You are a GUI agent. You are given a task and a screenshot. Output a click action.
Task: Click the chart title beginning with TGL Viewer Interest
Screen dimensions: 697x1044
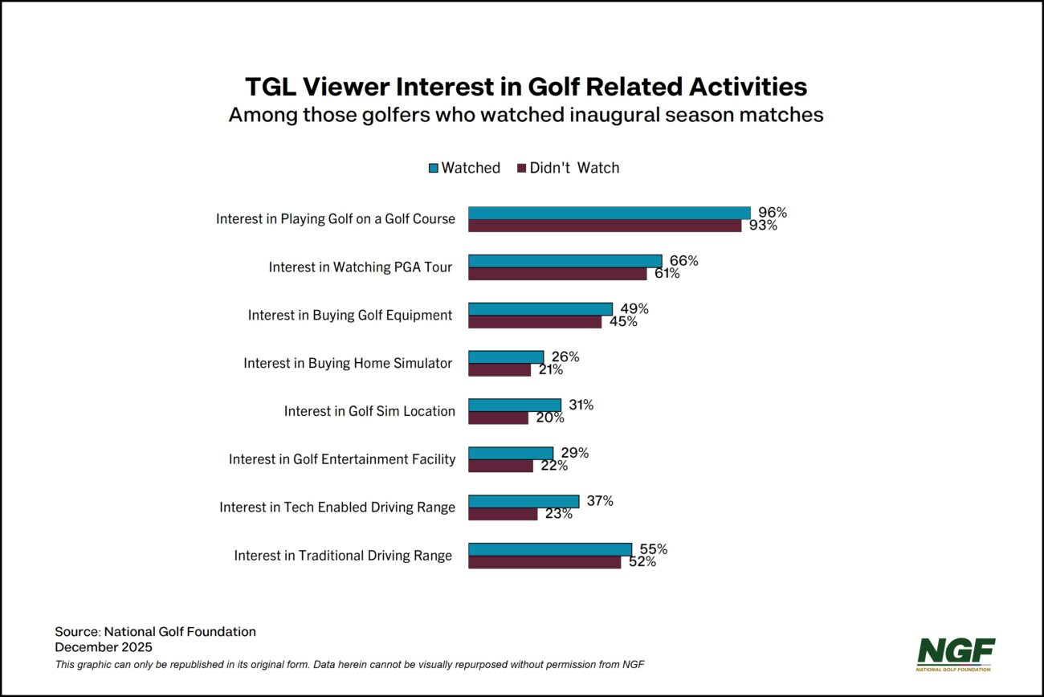point(526,86)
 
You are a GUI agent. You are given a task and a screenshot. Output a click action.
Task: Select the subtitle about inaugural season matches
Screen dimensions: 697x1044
point(526,115)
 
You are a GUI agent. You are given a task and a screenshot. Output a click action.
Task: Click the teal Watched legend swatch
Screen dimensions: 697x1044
point(434,168)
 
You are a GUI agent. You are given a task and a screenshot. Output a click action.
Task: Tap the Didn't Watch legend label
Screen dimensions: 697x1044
point(574,168)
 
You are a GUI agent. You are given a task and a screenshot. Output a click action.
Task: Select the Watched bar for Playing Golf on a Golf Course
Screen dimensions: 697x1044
point(609,213)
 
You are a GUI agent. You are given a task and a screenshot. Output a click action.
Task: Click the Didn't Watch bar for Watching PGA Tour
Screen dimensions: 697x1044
point(557,274)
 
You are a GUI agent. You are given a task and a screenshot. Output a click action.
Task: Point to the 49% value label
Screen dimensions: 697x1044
point(634,309)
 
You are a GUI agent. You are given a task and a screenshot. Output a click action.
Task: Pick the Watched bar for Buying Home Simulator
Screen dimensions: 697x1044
point(506,357)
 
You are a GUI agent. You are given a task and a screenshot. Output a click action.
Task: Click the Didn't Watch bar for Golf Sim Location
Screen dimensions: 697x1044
point(498,418)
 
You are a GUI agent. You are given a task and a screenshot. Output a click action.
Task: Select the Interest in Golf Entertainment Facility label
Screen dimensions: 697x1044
point(342,459)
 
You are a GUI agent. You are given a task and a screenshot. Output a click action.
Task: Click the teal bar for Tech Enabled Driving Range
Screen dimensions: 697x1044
point(523,501)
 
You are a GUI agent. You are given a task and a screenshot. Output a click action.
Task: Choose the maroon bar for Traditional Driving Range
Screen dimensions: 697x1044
point(544,562)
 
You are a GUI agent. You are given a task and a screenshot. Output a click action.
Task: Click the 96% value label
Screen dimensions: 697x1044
point(773,213)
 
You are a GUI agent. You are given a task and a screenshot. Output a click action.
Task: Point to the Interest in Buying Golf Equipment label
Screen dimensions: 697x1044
point(350,316)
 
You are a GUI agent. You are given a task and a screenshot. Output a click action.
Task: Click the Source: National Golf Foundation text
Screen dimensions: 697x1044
point(155,632)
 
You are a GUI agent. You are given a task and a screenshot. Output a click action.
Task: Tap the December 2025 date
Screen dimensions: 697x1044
point(104,646)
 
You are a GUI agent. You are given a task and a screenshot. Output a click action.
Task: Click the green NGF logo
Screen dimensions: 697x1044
point(956,653)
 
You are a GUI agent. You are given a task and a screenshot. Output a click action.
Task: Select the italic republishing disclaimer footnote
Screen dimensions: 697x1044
point(349,664)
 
